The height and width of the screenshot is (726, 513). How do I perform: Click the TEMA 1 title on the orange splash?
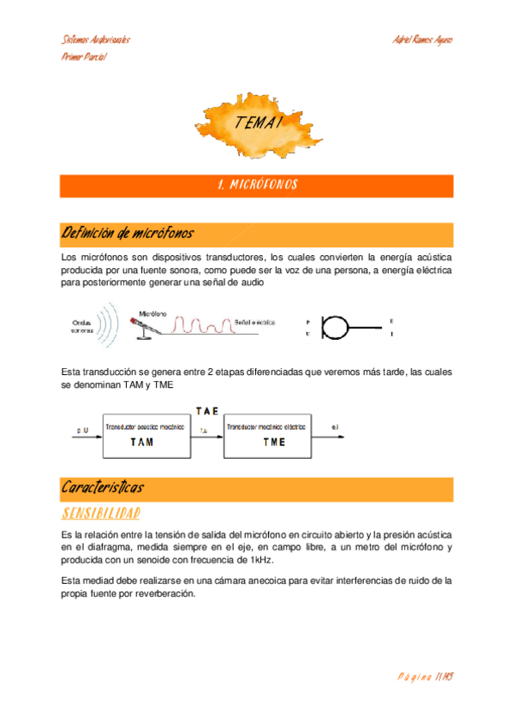258,123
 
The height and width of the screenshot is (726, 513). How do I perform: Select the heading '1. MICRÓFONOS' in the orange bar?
257,185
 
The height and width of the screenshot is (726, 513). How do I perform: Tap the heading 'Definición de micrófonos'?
128,233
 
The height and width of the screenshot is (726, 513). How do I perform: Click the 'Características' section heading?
103,487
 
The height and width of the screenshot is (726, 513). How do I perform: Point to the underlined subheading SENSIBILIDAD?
101,513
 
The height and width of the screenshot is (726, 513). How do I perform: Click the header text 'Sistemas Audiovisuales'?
96,40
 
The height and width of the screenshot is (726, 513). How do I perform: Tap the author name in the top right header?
421,40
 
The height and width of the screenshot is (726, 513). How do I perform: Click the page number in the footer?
425,676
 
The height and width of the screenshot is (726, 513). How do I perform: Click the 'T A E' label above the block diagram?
206,411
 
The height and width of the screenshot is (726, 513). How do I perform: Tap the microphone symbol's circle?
334,327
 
